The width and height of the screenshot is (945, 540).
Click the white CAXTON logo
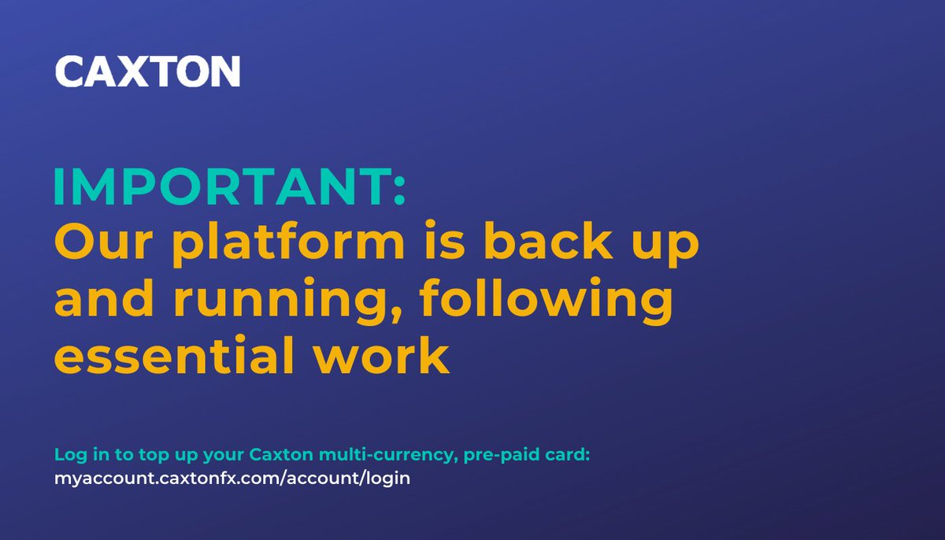tap(147, 72)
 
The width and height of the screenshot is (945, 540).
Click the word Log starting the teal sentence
tap(68, 455)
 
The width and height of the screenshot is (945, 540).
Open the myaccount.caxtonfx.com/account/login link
tap(232, 478)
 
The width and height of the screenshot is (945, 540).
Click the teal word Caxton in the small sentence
tap(271, 455)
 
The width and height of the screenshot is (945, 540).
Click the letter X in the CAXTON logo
tap(136, 72)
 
